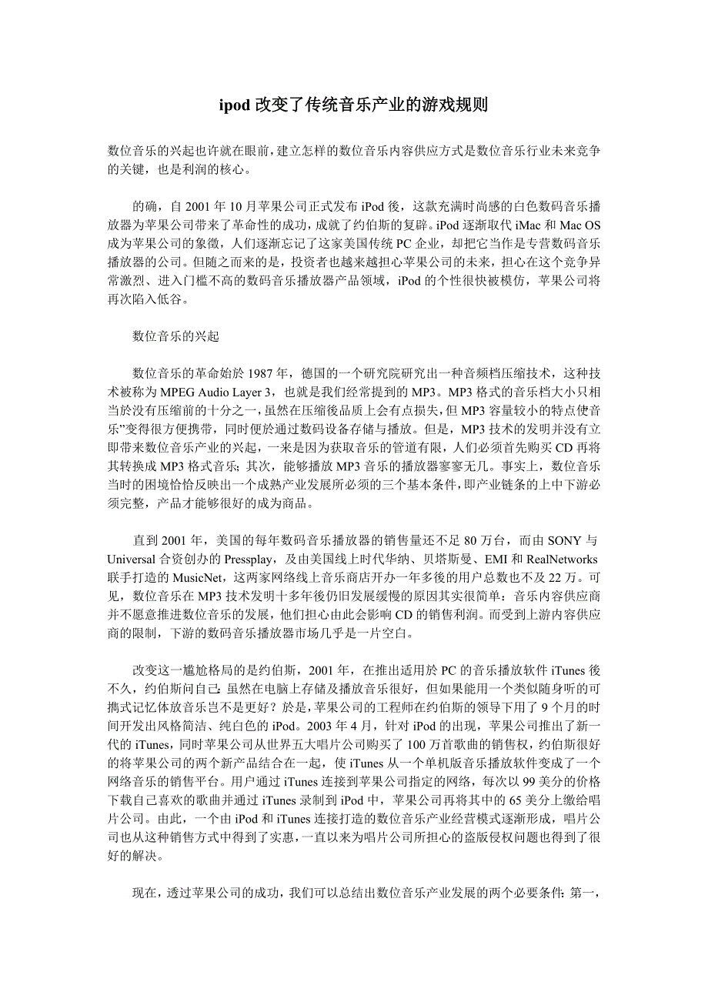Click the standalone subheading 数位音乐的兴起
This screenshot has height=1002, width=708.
tap(175, 336)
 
